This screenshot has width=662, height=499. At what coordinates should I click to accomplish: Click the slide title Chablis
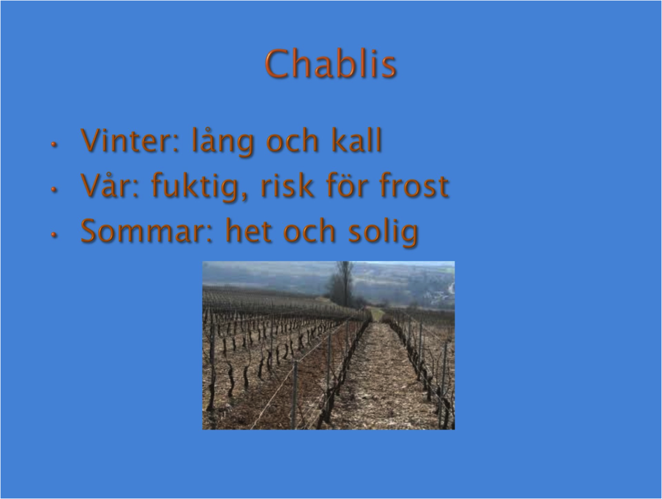pos(331,64)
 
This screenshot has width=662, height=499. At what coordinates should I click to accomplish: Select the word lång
pos(223,142)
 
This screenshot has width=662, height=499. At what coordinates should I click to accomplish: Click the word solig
pos(384,232)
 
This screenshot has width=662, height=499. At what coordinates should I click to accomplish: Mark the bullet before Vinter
pos(54,144)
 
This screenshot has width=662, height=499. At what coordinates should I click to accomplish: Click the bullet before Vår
pos(54,190)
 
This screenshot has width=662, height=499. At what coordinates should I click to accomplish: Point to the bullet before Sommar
pos(54,235)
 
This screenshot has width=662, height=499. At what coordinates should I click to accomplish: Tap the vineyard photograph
pos(328,346)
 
